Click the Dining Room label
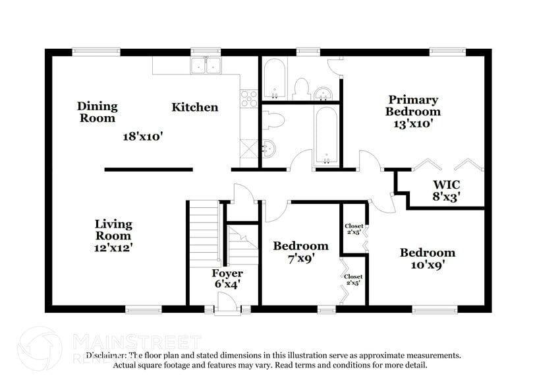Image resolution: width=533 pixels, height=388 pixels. click(x=97, y=112)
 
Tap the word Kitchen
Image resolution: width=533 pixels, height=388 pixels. click(x=195, y=107)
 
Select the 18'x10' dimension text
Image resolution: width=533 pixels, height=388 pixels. click(x=142, y=137)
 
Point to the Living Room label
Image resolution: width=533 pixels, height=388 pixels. click(x=113, y=230)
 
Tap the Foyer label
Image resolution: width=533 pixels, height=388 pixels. click(x=227, y=273)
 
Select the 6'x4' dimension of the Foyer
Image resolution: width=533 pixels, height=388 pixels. click(x=227, y=284)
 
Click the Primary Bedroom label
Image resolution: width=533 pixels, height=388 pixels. click(x=412, y=106)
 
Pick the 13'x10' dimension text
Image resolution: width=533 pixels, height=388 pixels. click(x=412, y=123)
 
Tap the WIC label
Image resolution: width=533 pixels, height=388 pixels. click(x=447, y=184)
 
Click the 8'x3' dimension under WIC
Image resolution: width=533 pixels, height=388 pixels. click(x=447, y=195)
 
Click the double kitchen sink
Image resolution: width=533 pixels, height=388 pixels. click(x=206, y=65)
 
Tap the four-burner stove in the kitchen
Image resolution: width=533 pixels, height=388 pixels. click(x=249, y=99)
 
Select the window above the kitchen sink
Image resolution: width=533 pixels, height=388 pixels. click(x=205, y=51)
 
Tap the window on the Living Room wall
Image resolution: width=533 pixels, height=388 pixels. click(x=143, y=309)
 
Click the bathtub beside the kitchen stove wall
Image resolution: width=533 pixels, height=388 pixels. click(x=274, y=79)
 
